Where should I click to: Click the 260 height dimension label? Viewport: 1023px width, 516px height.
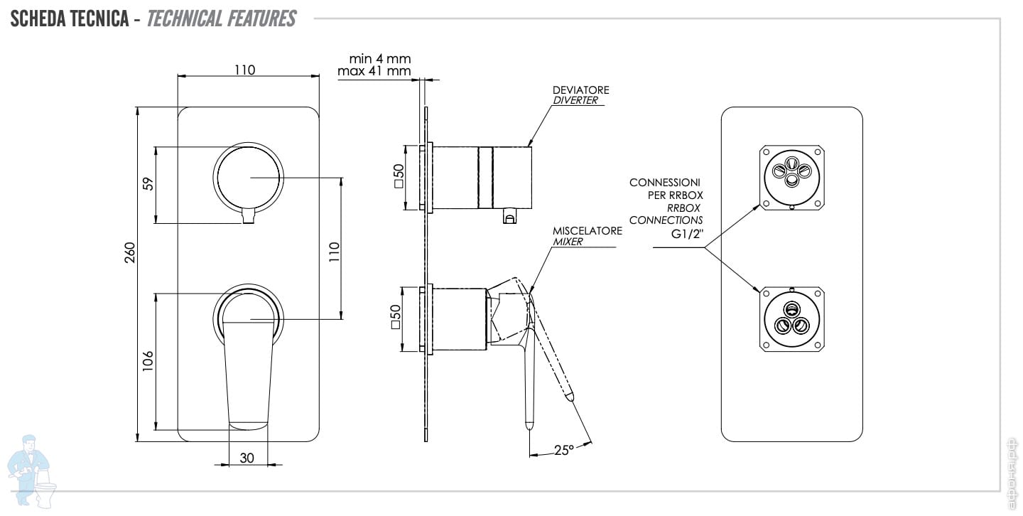(x=130, y=252)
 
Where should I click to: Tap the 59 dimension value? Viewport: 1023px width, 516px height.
(x=149, y=184)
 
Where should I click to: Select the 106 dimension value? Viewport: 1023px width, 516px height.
(x=148, y=361)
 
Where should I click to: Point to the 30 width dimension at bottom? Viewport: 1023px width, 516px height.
(x=247, y=458)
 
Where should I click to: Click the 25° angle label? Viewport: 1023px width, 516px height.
(x=564, y=450)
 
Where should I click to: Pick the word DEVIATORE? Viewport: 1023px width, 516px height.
(x=581, y=90)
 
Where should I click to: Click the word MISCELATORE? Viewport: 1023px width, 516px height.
(x=588, y=231)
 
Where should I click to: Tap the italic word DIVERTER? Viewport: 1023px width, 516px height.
(x=575, y=100)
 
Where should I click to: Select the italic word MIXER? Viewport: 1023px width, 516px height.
(x=568, y=242)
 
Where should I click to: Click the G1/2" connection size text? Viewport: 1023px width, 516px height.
(x=687, y=234)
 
